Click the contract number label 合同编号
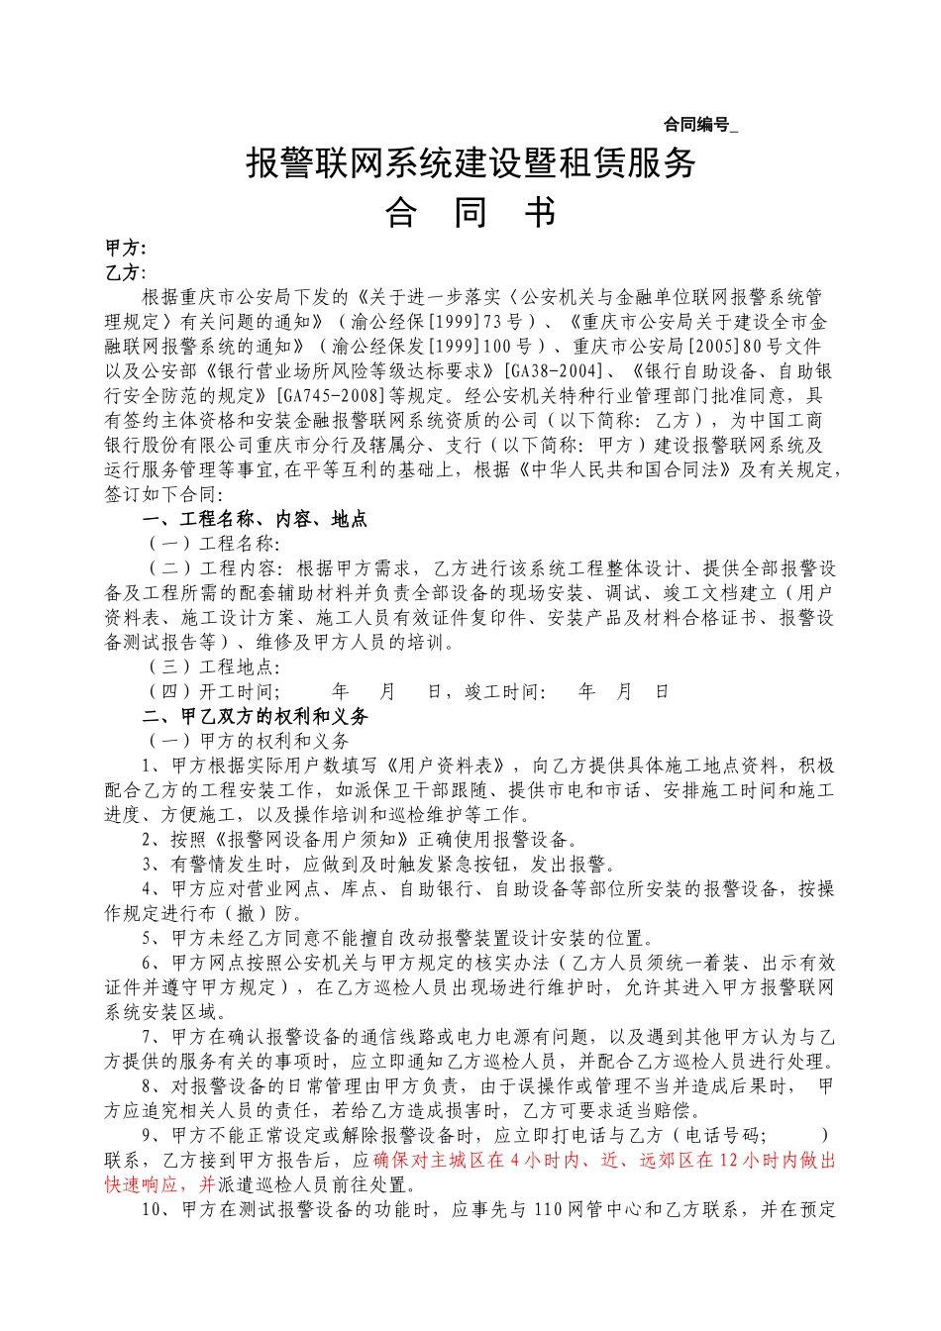[696, 125]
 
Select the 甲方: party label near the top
[126, 249]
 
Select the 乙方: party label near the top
[126, 272]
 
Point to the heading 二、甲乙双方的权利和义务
[256, 716]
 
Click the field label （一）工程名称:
[213, 544]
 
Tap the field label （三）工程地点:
[213, 666]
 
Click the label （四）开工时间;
[213, 691]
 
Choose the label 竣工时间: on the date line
[505, 691]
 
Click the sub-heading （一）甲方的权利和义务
[248, 741]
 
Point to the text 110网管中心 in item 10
[586, 1209]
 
